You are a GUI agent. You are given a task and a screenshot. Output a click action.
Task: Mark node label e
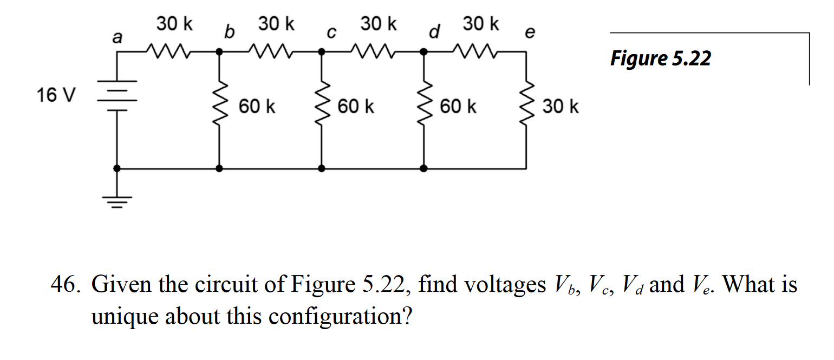531,33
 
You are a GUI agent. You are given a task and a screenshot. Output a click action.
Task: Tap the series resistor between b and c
270,52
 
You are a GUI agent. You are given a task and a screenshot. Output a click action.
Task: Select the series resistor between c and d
373,52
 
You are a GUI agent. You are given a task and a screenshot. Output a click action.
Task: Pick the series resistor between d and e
475,52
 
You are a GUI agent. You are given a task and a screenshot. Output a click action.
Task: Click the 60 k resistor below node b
219,106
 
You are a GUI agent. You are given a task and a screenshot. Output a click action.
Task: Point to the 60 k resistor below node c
322,106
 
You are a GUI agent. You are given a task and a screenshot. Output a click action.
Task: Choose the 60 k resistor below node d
424,106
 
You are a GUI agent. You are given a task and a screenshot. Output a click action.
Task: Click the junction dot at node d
424,52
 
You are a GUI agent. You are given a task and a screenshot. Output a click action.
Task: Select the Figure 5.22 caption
660,58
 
